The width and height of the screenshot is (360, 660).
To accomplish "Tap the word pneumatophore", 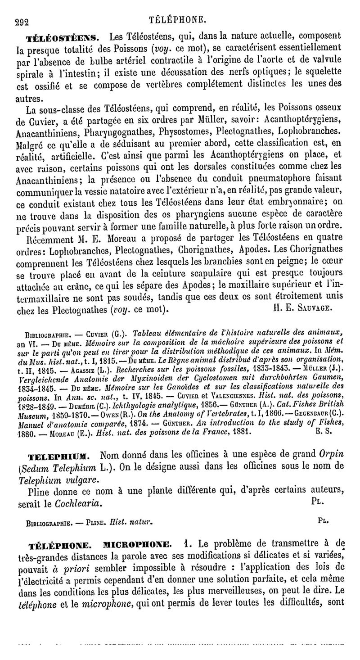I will click(243, 178).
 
